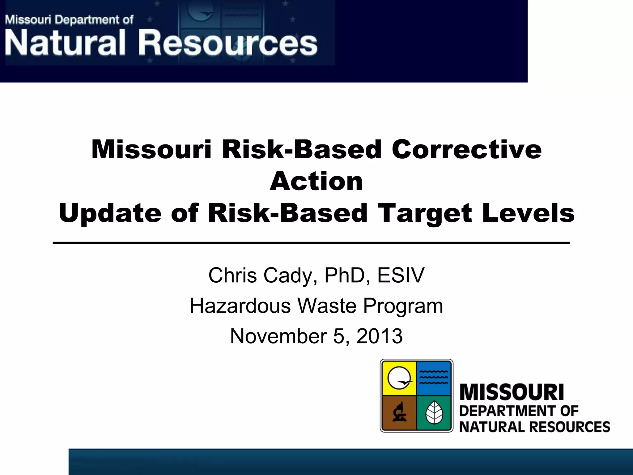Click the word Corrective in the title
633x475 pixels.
click(x=466, y=149)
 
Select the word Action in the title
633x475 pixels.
click(x=316, y=182)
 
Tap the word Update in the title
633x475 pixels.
click(x=110, y=213)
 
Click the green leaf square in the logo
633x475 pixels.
click(x=434, y=413)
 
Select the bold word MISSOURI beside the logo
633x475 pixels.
click(x=512, y=392)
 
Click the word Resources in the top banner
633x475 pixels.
click(x=229, y=44)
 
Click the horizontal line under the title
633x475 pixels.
click(x=311, y=243)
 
